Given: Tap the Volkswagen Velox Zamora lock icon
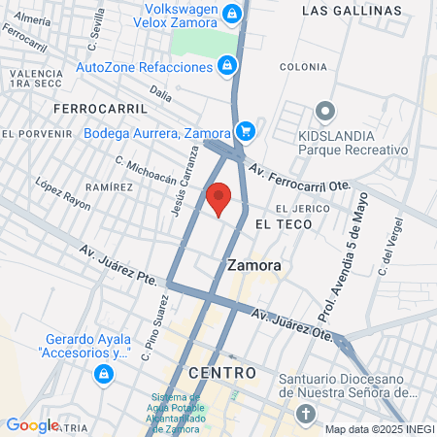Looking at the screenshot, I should [232, 15].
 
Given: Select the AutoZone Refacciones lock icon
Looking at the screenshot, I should [226, 66].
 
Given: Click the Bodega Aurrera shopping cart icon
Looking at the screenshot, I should [246, 130].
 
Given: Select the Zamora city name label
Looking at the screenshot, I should [253, 264].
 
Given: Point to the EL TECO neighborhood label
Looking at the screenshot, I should [284, 224].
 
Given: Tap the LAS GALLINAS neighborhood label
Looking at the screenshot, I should [351, 11].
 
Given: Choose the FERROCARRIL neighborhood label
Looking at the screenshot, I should [101, 107].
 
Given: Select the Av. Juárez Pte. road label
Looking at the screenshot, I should [118, 265].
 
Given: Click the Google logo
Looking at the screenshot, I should [32, 424].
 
